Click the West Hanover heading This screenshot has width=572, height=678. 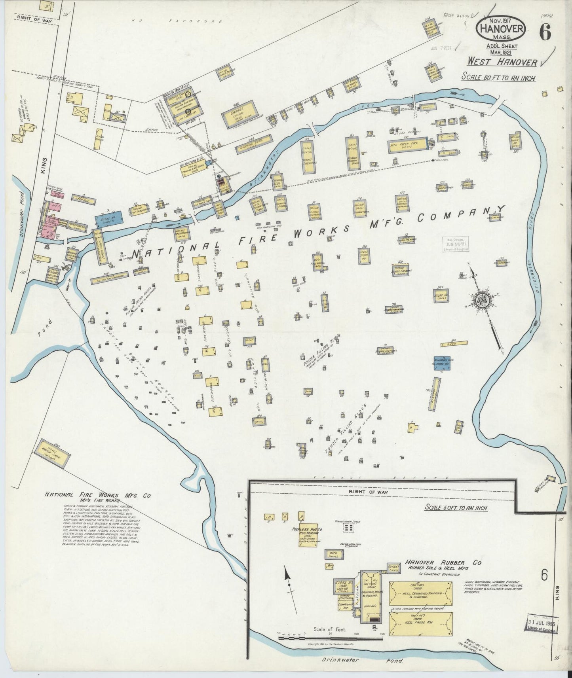tap(502, 62)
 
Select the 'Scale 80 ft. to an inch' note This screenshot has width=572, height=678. tap(498, 77)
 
